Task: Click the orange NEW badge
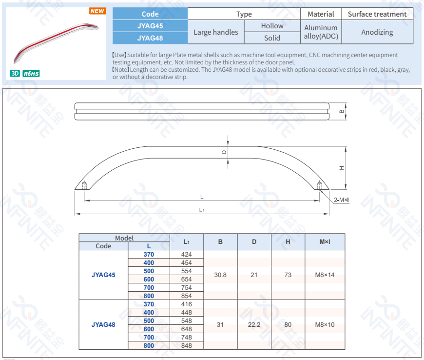tap(97, 11)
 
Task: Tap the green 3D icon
tap(15, 73)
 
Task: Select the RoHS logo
tap(31, 73)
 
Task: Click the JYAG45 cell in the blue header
tap(150, 26)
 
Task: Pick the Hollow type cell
tap(272, 26)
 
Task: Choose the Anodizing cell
tap(377, 32)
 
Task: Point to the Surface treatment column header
tap(377, 14)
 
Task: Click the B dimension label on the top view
tap(342, 111)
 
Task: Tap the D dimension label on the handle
tap(224, 152)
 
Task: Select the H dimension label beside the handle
tap(342, 168)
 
